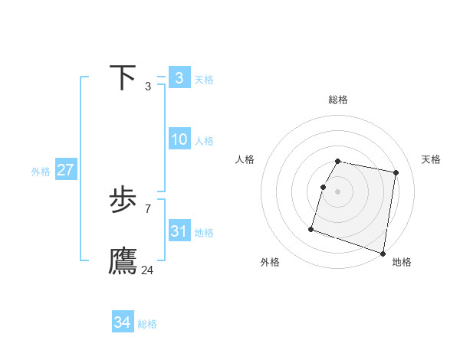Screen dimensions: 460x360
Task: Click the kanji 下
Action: tap(123, 78)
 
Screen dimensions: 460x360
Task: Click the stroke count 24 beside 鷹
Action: tap(147, 270)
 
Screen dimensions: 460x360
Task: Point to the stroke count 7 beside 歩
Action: tap(147, 208)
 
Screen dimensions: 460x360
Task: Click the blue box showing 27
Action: tap(65, 170)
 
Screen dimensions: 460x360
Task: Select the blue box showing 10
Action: tap(179, 139)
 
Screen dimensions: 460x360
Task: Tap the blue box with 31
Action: tap(179, 231)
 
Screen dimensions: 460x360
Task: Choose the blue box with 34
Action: tap(123, 322)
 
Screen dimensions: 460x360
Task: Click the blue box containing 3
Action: tap(179, 77)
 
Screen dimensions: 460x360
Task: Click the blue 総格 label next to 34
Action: tap(147, 324)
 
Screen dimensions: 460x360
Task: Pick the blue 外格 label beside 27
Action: tap(41, 172)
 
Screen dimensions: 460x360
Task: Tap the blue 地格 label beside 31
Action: tap(204, 233)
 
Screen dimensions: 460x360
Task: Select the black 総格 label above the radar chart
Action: tap(338, 100)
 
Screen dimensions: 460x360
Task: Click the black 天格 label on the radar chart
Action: tap(431, 159)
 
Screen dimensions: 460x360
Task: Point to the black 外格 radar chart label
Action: tap(270, 262)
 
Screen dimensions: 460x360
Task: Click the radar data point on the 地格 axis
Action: tap(383, 253)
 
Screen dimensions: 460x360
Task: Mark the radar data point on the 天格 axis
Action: tap(396, 173)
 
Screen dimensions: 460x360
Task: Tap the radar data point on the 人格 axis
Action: tap(324, 187)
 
